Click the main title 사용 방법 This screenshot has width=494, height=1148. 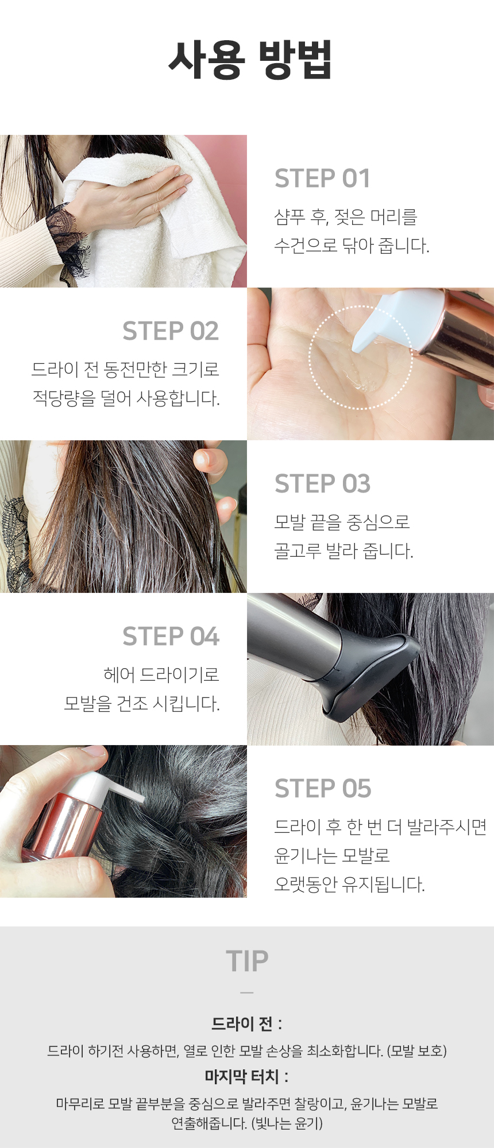click(x=250, y=59)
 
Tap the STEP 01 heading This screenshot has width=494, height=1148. click(x=322, y=179)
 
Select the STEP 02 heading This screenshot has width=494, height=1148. click(x=171, y=331)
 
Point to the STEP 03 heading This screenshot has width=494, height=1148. click(x=323, y=484)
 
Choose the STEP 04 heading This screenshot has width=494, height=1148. click(x=171, y=637)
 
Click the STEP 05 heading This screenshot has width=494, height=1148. click(x=323, y=789)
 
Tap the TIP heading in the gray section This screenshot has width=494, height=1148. click(x=247, y=961)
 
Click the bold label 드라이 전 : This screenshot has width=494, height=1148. click(x=247, y=1023)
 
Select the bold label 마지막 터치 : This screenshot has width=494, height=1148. click(x=247, y=1076)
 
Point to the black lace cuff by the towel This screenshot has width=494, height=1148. click(x=66, y=241)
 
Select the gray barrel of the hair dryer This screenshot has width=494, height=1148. click(x=293, y=637)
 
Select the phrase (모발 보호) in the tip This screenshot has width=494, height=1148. click(x=417, y=1051)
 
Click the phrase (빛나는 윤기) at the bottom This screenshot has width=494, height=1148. click(x=287, y=1123)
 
